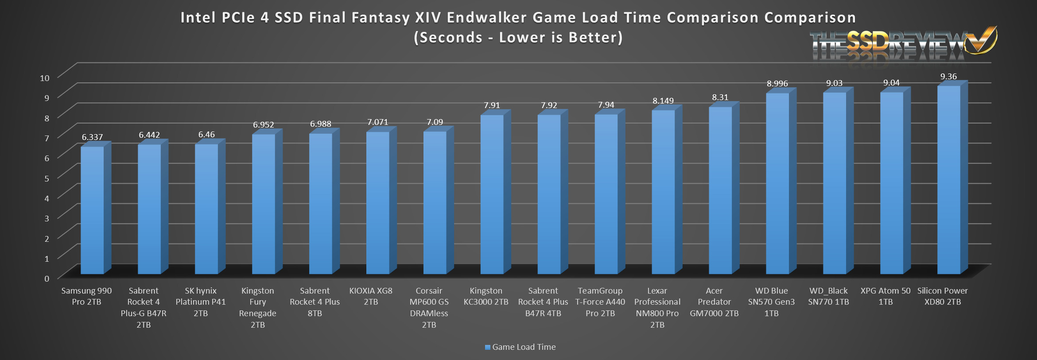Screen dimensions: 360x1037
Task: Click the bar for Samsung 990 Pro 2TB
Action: click(92, 210)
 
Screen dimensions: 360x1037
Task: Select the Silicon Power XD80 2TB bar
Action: click(948, 179)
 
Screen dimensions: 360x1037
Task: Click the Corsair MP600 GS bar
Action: click(435, 202)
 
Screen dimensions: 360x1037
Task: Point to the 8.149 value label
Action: click(663, 101)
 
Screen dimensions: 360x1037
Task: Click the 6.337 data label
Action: click(92, 137)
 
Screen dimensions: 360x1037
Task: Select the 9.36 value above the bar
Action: click(948, 77)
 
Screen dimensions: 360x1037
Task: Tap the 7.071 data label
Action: click(377, 122)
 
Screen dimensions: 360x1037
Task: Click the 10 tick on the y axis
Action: click(45, 78)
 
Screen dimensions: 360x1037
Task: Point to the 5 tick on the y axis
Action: click(47, 178)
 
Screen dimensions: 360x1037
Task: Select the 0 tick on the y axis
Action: click(47, 279)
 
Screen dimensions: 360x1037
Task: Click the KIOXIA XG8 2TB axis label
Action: click(371, 296)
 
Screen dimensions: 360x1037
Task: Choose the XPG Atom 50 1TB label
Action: click(885, 296)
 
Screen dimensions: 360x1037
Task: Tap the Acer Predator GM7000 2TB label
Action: click(714, 302)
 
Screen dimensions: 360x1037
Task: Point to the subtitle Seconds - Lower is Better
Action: click(518, 38)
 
